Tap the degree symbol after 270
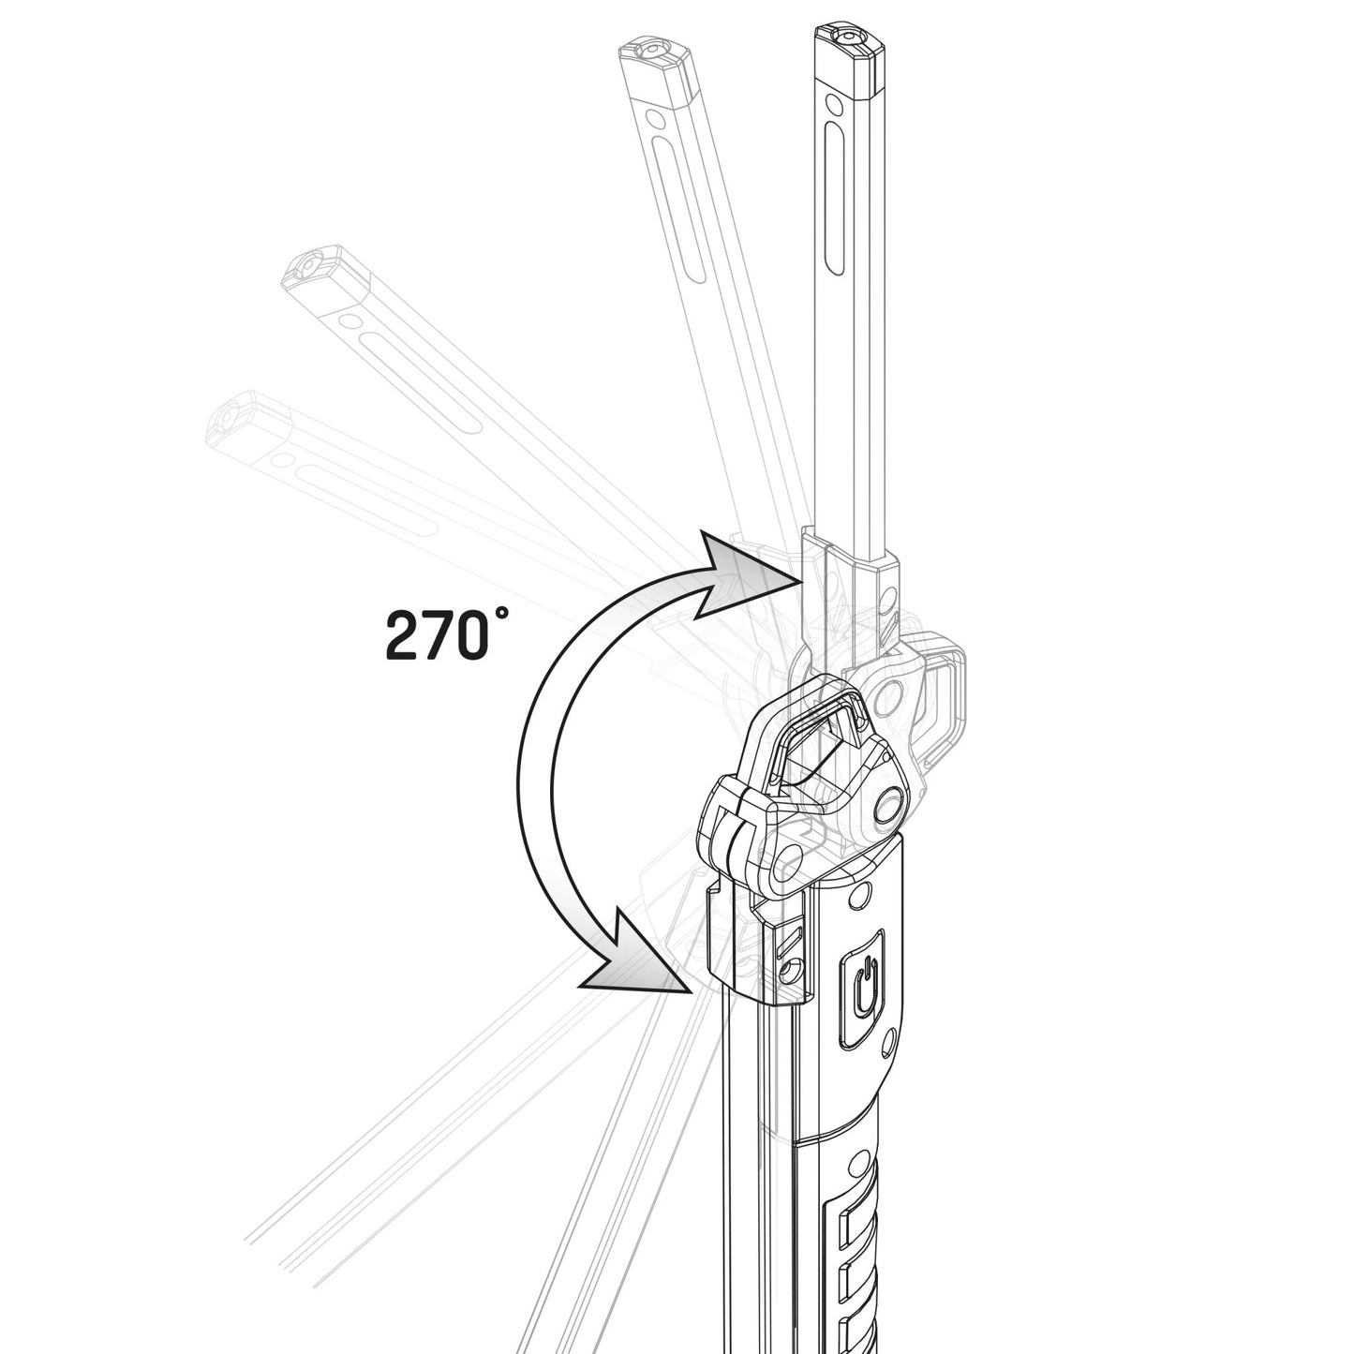(x=503, y=616)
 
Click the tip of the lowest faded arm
(x=231, y=417)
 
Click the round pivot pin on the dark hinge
(x=886, y=805)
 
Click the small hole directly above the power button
(x=854, y=900)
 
